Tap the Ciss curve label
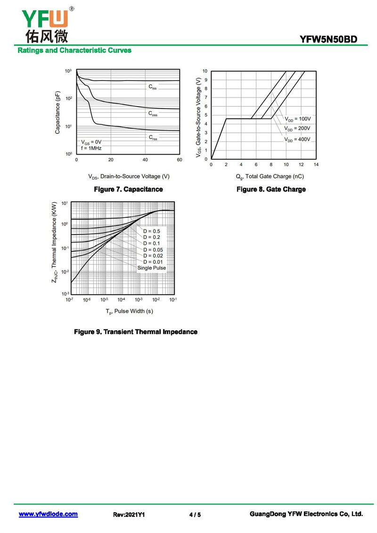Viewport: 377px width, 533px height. (153, 87)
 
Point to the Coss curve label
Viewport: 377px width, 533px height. (153, 114)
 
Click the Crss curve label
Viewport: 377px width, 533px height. (153, 138)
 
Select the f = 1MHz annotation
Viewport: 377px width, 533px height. (91, 148)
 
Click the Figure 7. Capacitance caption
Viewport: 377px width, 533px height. (128, 189)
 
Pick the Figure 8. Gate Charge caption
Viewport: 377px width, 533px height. (271, 189)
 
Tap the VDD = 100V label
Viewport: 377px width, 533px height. (297, 119)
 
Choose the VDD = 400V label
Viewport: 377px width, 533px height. (297, 139)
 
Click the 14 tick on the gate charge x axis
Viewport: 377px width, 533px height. (316, 164)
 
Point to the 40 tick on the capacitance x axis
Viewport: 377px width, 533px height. (145, 160)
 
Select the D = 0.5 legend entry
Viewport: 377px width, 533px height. (152, 231)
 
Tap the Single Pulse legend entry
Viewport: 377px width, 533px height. (152, 268)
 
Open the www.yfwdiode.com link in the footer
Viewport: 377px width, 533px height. (48, 514)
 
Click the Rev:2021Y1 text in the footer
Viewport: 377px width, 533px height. (129, 515)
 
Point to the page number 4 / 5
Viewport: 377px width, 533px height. (195, 515)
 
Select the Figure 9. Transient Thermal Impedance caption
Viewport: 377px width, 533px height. (136, 332)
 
